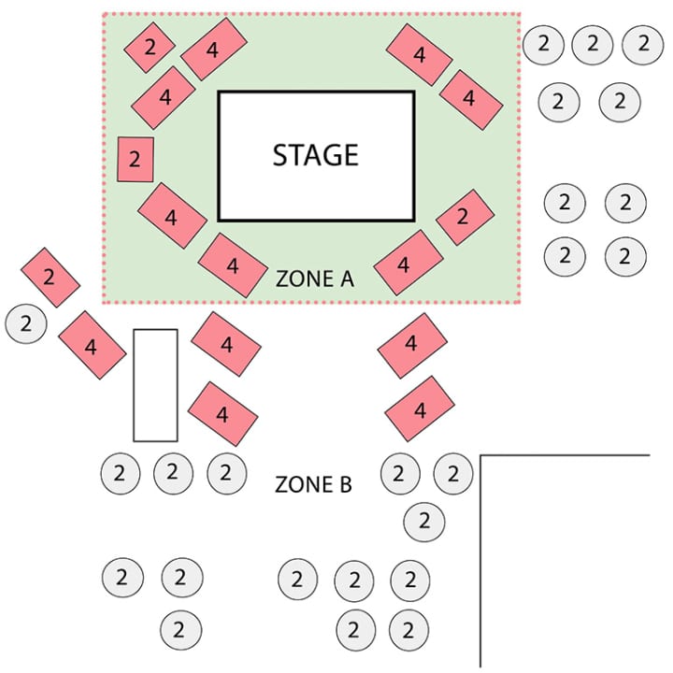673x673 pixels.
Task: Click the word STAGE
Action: click(316, 155)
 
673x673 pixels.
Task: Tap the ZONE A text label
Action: click(315, 279)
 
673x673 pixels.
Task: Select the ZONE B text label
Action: click(313, 484)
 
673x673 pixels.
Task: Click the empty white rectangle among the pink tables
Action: click(155, 385)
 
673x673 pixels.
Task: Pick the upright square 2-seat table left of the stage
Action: click(136, 159)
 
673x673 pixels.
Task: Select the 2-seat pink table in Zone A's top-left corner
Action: click(150, 48)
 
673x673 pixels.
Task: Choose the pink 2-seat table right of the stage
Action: click(465, 217)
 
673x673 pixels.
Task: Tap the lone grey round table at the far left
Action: click(26, 323)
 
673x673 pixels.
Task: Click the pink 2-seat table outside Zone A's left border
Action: click(50, 278)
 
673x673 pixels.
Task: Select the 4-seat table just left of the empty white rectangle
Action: click(93, 345)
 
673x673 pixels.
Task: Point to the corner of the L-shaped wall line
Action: click(480, 455)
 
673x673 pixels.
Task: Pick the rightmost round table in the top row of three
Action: click(642, 45)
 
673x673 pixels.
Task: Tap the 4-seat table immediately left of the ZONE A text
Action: click(233, 265)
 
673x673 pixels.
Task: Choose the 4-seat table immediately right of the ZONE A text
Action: click(408, 263)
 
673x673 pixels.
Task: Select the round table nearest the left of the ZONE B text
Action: click(226, 473)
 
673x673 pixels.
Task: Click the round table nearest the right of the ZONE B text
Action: click(400, 474)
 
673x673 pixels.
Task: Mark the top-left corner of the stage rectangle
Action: click(219, 92)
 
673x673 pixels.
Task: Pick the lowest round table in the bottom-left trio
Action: click(180, 630)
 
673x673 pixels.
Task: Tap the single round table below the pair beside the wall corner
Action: click(424, 522)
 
